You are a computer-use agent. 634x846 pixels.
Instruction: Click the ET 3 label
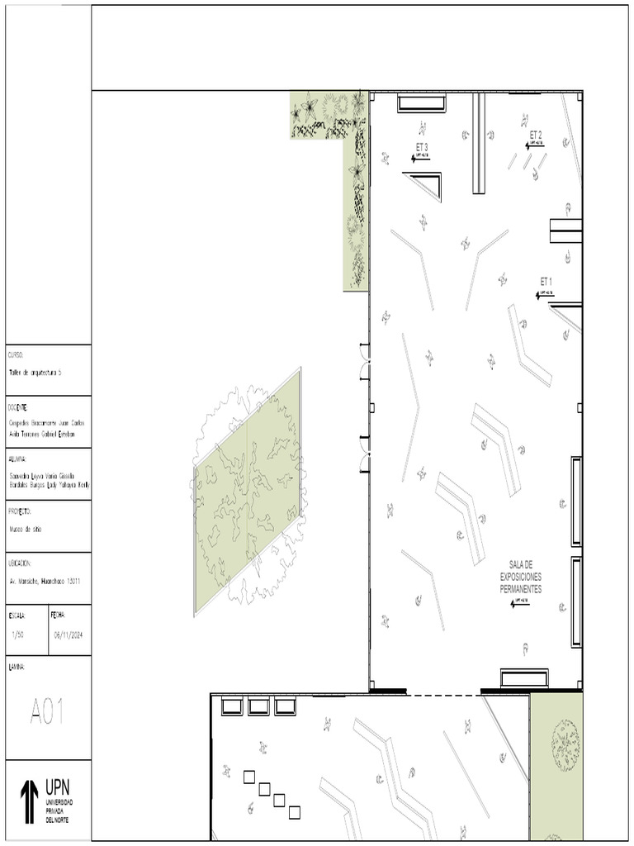(422, 147)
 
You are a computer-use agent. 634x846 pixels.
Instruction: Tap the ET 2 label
(535, 135)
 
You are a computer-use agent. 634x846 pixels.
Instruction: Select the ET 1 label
(546, 282)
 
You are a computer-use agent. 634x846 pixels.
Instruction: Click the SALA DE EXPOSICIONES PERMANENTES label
(521, 575)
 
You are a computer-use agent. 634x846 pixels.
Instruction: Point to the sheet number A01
(47, 711)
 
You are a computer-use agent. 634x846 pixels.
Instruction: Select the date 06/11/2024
(69, 634)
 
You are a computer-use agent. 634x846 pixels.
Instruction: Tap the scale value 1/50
(18, 634)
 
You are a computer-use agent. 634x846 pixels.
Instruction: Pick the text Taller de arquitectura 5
(35, 373)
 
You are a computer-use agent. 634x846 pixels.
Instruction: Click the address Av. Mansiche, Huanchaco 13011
(45, 582)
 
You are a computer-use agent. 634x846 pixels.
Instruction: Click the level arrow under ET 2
(534, 145)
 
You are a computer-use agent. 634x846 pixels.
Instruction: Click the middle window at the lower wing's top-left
(258, 706)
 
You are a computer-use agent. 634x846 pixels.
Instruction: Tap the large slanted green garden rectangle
(248, 492)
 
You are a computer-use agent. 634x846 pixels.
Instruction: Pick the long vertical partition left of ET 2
(478, 143)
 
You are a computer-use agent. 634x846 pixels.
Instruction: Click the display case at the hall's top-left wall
(423, 103)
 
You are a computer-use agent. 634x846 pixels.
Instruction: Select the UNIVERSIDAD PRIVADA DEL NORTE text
(59, 811)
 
